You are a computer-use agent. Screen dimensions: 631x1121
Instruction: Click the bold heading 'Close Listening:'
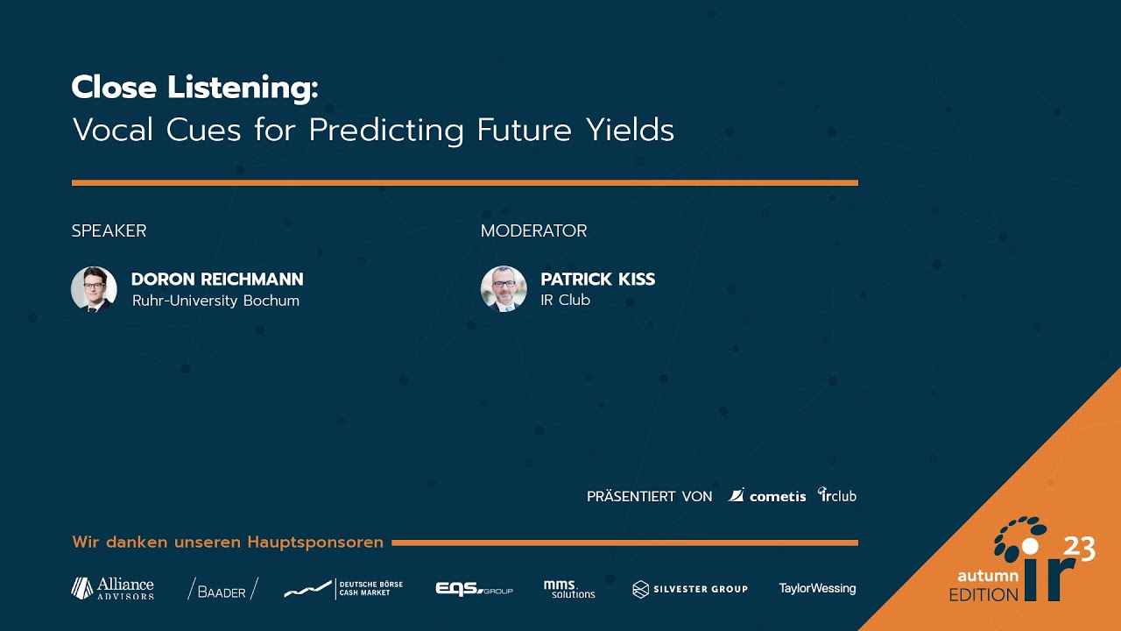pos(194,88)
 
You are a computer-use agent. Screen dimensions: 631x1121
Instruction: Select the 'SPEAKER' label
pos(109,231)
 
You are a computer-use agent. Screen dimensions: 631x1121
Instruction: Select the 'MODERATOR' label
pos(533,231)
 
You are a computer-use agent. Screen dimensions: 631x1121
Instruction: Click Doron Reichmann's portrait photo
pos(94,289)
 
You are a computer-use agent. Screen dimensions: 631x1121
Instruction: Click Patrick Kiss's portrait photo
pos(504,289)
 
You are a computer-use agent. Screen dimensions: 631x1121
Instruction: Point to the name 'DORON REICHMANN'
pos(217,280)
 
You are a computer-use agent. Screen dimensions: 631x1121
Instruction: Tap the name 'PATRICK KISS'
pos(597,280)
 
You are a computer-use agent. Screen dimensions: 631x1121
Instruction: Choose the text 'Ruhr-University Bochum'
pos(215,301)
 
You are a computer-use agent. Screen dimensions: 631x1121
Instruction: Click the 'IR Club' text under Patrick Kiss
pos(565,301)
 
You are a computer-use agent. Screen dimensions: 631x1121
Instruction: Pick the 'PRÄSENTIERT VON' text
pos(649,497)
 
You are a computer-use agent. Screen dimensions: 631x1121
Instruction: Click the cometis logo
pos(767,496)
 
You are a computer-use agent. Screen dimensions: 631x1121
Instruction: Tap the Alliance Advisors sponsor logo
pos(112,588)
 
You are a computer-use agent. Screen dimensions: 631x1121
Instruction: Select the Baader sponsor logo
pos(222,589)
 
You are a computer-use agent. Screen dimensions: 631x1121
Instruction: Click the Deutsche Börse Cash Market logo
pos(342,589)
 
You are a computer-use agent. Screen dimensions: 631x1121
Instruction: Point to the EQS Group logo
pos(474,589)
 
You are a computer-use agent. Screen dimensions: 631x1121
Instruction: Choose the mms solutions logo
pos(568,589)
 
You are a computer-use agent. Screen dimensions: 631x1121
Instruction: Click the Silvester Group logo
pos(690,589)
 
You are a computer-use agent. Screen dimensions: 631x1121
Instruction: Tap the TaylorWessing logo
pos(817,589)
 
